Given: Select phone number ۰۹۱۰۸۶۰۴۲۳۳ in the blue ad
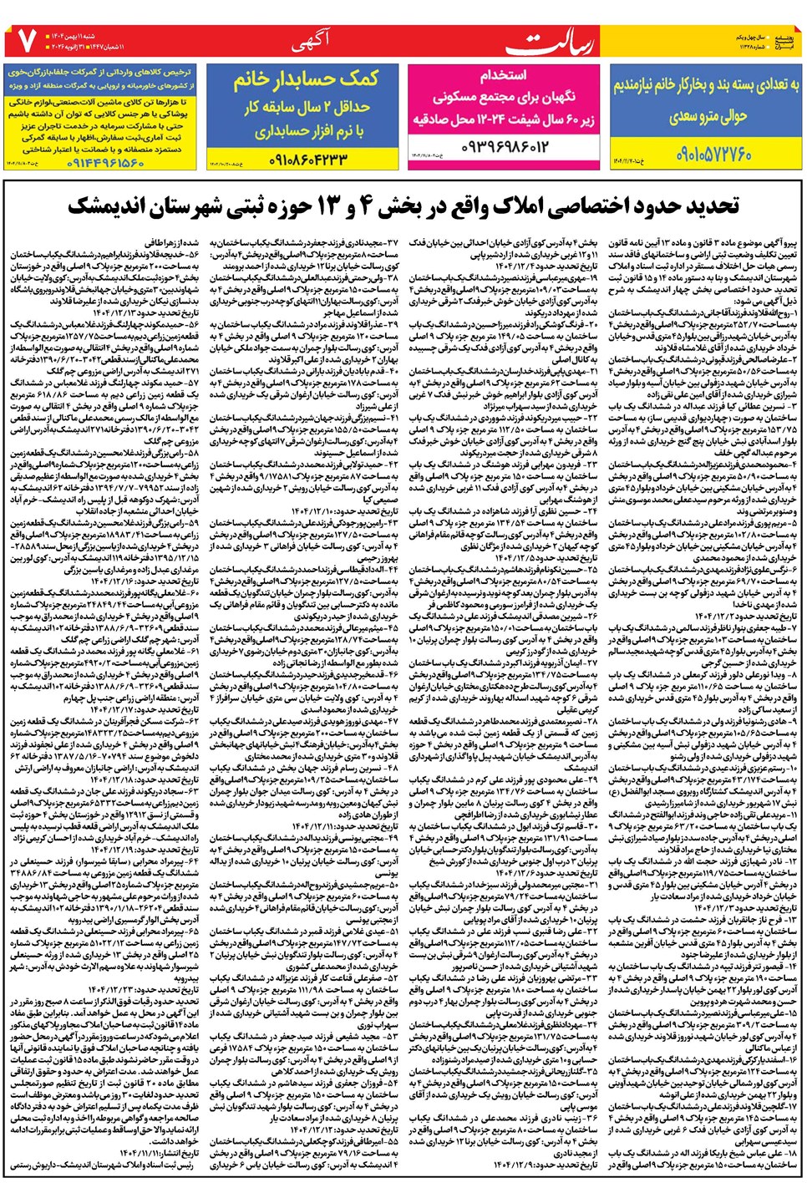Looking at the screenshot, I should [307, 158].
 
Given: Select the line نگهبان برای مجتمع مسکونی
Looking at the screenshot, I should [503, 97].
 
